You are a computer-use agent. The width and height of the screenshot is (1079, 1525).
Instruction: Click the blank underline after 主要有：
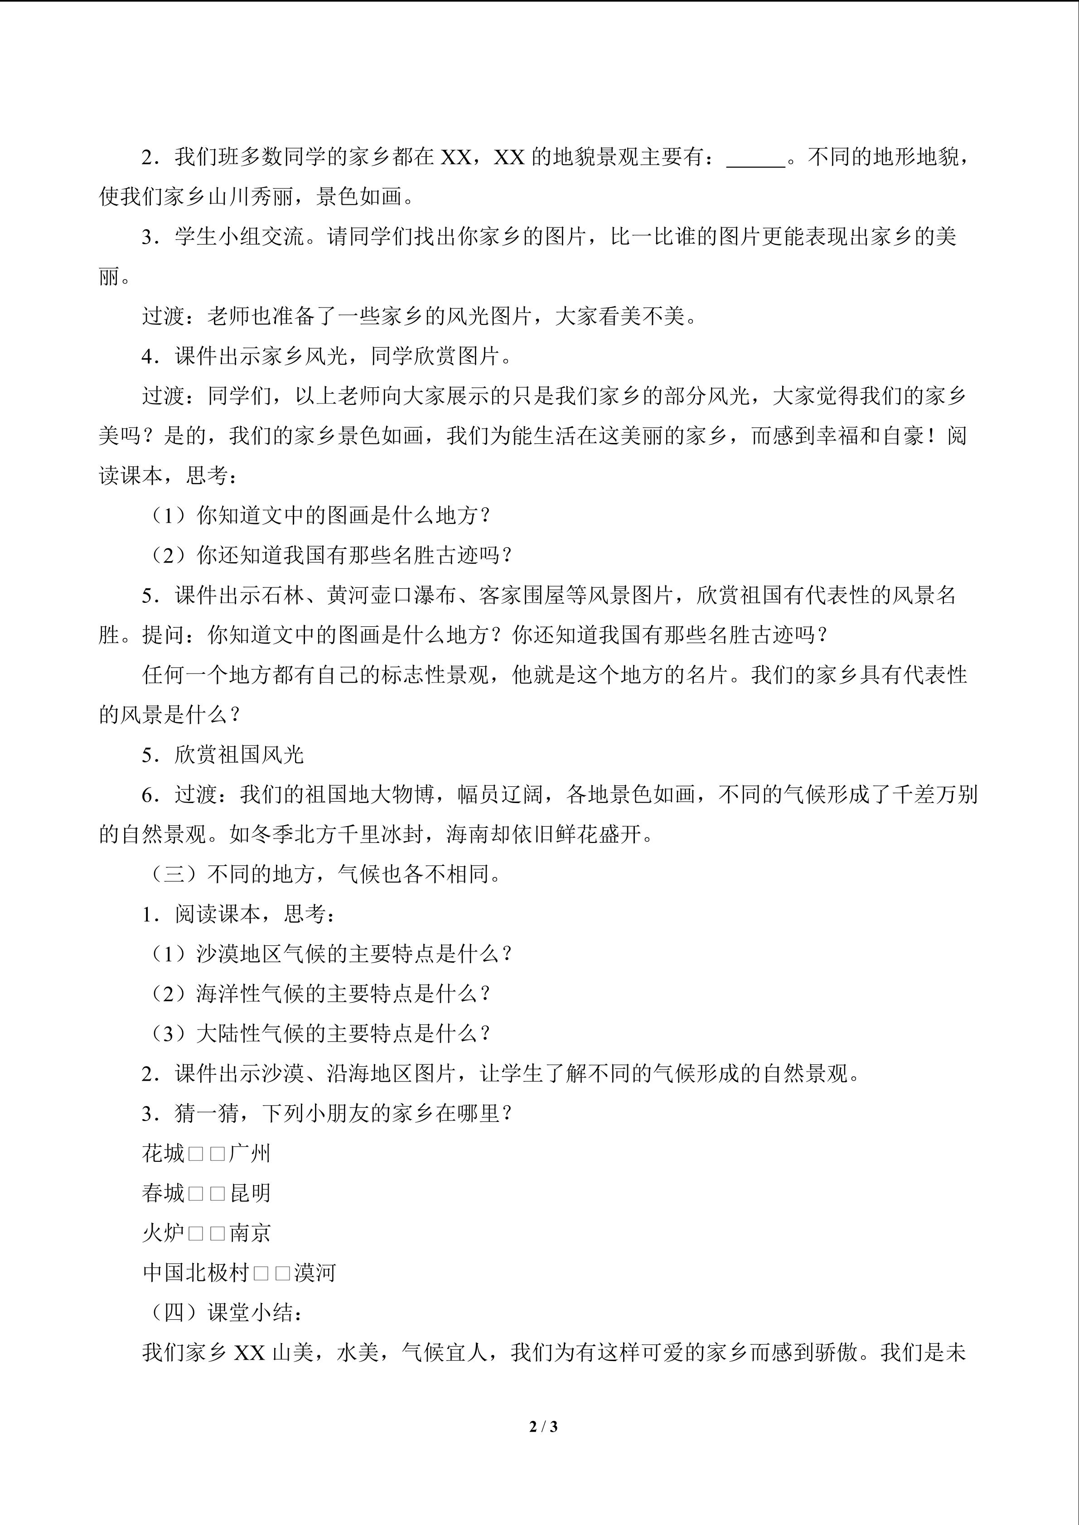[756, 158]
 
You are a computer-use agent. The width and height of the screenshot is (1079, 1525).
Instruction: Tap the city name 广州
[250, 1153]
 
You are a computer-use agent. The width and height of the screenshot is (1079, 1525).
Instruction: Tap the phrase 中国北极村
[195, 1273]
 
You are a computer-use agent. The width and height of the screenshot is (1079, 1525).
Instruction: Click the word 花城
[163, 1153]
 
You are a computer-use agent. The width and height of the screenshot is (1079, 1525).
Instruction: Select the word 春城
[163, 1193]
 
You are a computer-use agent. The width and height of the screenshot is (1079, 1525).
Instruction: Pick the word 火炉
[163, 1233]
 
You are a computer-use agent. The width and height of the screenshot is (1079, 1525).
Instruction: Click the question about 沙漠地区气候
[331, 954]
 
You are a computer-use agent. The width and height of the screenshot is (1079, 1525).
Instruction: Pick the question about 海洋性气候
[320, 994]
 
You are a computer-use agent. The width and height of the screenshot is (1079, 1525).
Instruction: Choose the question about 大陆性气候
[320, 1034]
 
